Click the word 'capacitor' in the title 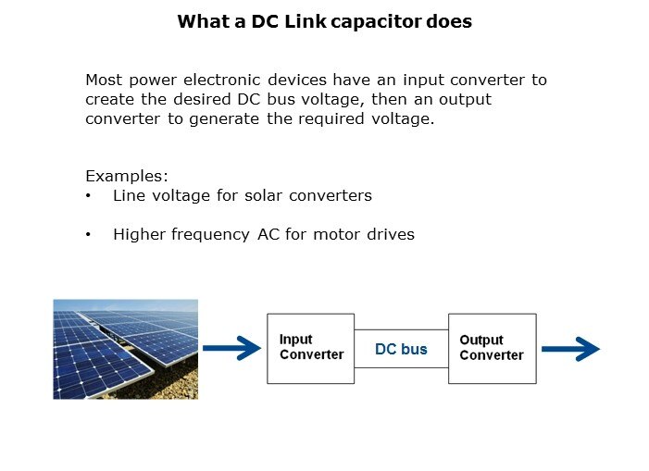[376, 22]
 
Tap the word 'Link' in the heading [306, 21]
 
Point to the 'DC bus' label [401, 349]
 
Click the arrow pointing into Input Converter [231, 348]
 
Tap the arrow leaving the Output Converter [571, 349]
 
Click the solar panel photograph [125, 350]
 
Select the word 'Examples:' [127, 176]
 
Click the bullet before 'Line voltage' [88, 195]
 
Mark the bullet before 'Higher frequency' [88, 234]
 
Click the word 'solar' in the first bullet [263, 195]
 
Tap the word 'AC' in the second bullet [268, 234]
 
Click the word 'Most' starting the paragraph [104, 80]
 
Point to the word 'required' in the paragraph [331, 119]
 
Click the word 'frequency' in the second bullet [211, 235]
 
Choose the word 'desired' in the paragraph [202, 99]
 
